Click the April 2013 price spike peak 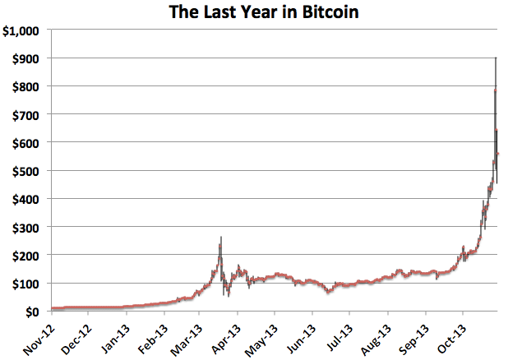coord(220,238)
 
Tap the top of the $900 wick coord(495,58)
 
